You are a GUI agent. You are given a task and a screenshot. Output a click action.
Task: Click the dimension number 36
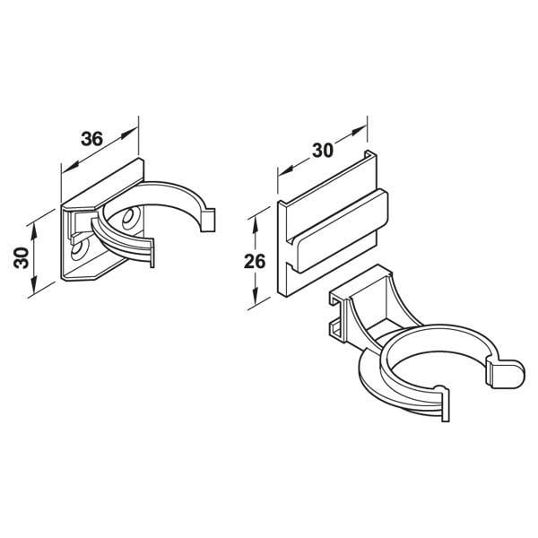pyautogui.click(x=91, y=139)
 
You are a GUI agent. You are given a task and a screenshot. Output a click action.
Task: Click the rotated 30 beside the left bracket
pyautogui.click(x=22, y=257)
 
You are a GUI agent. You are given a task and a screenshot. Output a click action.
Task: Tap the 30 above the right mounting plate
pyautogui.click(x=323, y=151)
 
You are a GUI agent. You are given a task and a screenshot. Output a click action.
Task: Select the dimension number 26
pyautogui.click(x=255, y=262)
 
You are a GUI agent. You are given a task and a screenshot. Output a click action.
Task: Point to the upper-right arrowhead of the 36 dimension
pyautogui.click(x=130, y=133)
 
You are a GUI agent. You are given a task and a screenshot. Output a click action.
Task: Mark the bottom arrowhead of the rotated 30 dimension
pyautogui.click(x=34, y=285)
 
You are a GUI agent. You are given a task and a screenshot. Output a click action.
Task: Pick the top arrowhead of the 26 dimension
pyautogui.click(x=255, y=226)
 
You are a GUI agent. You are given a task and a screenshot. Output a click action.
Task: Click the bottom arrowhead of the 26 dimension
pyautogui.click(x=255, y=295)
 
